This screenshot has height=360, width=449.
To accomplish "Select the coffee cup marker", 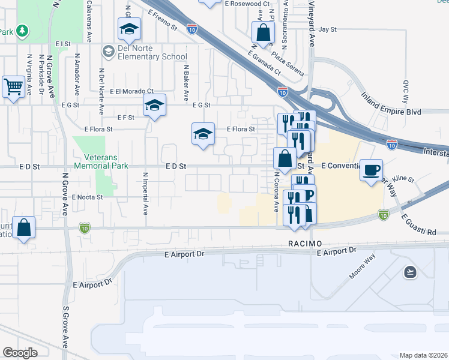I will (x=371, y=170).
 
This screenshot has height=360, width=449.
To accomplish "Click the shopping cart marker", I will (x=13, y=87).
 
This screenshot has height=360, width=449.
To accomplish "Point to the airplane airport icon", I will (x=409, y=272).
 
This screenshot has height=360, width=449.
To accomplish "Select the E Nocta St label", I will (x=88, y=197).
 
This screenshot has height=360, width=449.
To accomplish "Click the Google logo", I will (x=20, y=353).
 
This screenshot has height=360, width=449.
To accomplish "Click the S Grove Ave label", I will (x=65, y=328).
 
